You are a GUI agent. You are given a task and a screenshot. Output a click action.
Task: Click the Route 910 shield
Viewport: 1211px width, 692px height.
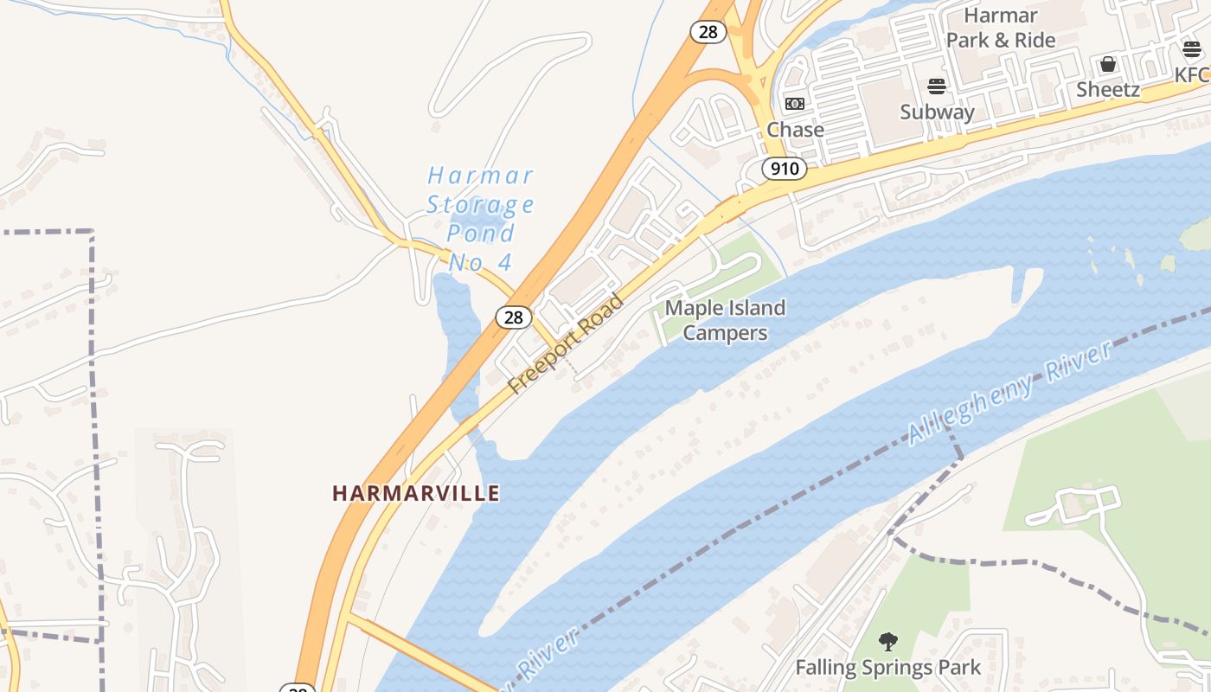(x=785, y=168)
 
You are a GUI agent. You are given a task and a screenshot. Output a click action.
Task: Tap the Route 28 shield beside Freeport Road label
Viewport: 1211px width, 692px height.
(x=514, y=317)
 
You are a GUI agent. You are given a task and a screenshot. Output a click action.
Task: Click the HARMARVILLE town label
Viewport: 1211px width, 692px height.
(x=416, y=493)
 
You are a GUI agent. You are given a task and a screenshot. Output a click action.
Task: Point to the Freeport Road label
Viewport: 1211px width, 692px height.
(x=566, y=344)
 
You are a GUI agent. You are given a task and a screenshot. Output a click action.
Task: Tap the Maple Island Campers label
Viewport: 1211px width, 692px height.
(x=725, y=320)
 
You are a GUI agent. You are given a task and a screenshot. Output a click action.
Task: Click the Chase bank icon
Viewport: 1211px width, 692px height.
(x=795, y=104)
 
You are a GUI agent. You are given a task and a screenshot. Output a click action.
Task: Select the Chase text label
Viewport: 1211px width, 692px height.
(x=796, y=130)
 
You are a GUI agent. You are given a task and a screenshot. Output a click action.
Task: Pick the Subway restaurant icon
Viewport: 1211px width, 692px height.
(x=937, y=86)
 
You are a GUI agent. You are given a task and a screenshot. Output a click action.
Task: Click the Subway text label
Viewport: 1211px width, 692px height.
(x=937, y=112)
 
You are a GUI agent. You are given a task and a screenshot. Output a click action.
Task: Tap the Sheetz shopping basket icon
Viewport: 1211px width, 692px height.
(x=1108, y=64)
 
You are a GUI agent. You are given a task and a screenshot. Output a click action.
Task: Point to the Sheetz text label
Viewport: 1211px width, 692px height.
(x=1108, y=89)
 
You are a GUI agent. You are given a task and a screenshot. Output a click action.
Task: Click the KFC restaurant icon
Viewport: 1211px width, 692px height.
(x=1192, y=49)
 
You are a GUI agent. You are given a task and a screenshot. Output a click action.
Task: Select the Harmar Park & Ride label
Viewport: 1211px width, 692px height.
(x=1001, y=28)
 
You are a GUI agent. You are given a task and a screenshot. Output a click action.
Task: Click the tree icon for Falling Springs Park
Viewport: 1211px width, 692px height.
(x=887, y=642)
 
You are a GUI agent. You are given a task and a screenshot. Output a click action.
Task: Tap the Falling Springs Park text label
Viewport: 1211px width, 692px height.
(x=887, y=667)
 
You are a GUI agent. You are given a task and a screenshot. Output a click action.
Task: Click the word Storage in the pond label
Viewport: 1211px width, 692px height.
(x=480, y=205)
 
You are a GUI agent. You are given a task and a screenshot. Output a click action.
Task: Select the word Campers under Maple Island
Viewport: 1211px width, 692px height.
(x=725, y=333)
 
